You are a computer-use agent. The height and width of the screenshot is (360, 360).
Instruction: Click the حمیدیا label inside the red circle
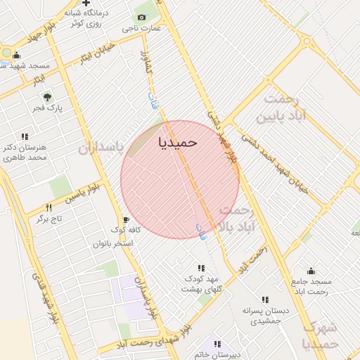pyautogui.click(x=178, y=142)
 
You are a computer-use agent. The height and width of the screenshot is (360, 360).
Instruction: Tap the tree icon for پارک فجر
pyautogui.click(x=47, y=98)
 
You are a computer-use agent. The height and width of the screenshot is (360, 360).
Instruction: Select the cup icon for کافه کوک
pyautogui.click(x=127, y=219)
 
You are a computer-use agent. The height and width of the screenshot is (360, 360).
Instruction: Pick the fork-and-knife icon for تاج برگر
pyautogui.click(x=49, y=207)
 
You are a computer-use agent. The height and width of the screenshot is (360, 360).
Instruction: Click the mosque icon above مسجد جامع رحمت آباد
pyautogui.click(x=311, y=271)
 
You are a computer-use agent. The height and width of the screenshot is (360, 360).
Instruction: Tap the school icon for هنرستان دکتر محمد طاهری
pyautogui.click(x=25, y=136)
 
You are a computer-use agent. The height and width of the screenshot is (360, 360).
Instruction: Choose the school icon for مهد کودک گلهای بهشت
pyautogui.click(x=201, y=268)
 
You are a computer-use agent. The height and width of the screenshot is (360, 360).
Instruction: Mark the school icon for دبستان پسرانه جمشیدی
pyautogui.click(x=265, y=300)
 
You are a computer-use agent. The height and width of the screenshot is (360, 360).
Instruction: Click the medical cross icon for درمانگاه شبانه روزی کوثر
pyautogui.click(x=86, y=3)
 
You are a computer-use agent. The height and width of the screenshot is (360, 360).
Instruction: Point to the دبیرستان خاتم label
pyautogui.click(x=218, y=354)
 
